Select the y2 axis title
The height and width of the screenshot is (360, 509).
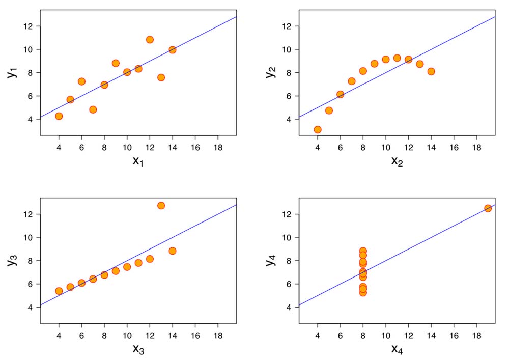pos(270,72)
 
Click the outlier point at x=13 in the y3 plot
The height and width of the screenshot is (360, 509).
pos(161,205)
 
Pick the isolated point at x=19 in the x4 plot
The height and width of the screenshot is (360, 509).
pos(488,208)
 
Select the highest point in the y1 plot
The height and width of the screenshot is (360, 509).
pos(150,39)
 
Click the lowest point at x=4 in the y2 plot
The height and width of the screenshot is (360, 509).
pos(318,129)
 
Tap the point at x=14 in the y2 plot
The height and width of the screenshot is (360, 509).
pos(431,71)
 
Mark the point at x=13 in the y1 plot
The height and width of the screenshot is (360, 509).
pos(161,77)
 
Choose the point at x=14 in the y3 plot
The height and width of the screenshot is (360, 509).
pos(173,251)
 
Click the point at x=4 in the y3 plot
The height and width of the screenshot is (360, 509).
pos(59,291)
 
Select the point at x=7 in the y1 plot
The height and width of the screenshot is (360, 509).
pos(93,109)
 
